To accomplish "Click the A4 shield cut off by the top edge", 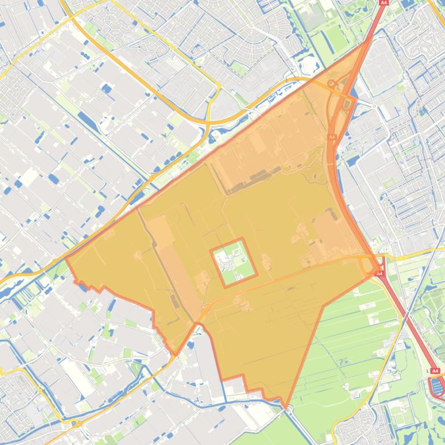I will pos(383,2).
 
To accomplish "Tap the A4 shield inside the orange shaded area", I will pos(332,138).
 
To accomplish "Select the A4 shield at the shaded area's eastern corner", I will pos(380,273).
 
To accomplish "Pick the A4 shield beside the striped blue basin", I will pos(435,371).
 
